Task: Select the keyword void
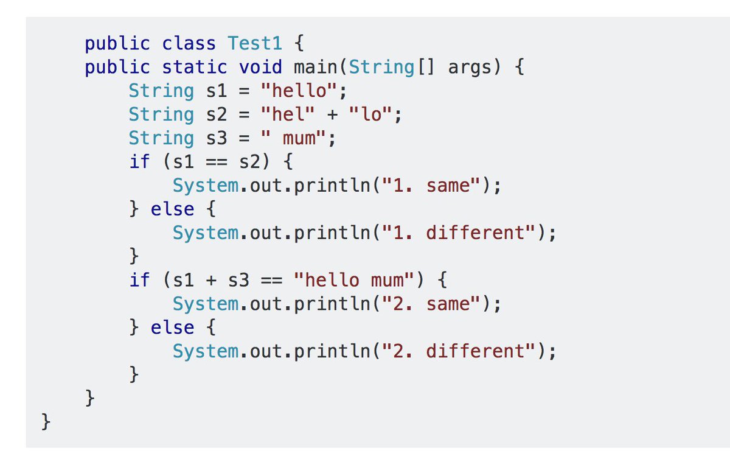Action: [260, 67]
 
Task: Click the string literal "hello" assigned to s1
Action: [298, 91]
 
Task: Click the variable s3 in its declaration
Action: [216, 138]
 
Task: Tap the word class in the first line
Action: [189, 43]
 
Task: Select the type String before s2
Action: [161, 114]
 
